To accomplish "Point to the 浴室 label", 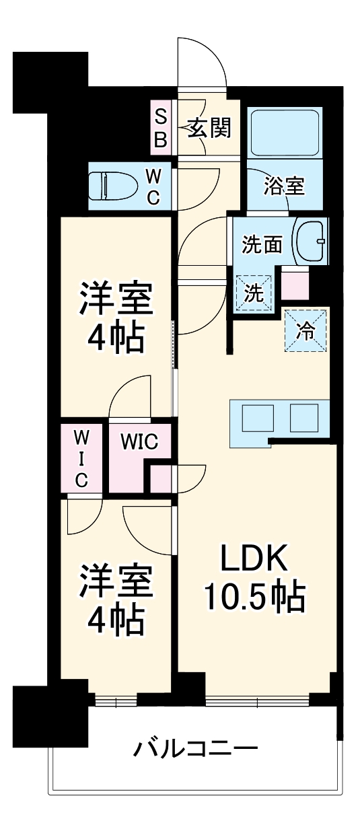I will tap(284, 186).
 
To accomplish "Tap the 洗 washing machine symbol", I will tap(254, 293).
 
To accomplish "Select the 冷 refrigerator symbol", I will tap(305, 330).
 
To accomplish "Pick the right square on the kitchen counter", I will tap(303, 419).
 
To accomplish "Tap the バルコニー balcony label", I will tap(195, 748).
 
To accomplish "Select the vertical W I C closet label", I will tap(81, 459).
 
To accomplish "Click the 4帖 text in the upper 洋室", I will tap(116, 339).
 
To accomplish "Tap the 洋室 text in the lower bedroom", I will tap(116, 583).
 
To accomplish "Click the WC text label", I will tap(153, 186).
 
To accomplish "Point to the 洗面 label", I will tap(262, 246).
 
